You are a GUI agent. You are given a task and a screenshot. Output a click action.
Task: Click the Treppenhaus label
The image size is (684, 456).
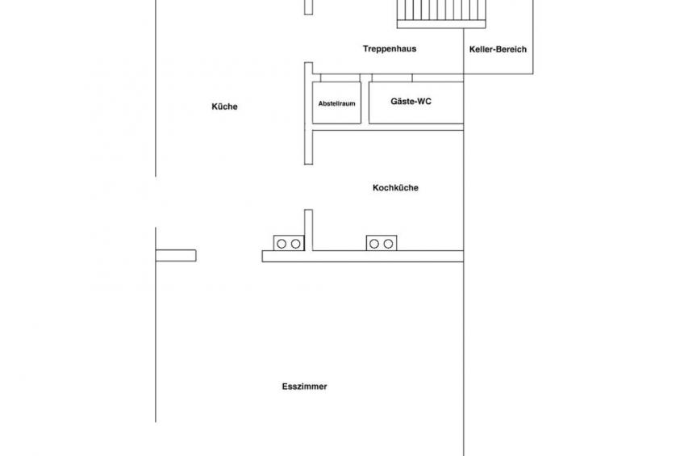click(390, 49)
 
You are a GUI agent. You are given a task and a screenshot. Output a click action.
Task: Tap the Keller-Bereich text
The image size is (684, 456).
click(498, 49)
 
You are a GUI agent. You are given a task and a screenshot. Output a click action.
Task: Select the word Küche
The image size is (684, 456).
click(225, 107)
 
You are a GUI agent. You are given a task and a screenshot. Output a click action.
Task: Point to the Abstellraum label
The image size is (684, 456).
click(337, 104)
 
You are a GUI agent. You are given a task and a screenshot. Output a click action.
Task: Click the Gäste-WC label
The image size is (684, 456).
click(411, 101)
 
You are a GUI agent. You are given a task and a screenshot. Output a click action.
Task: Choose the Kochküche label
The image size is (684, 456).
click(396, 187)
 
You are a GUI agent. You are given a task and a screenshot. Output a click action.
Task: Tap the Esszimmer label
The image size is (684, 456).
click(304, 386)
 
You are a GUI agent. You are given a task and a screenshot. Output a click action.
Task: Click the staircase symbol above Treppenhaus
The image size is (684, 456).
click(441, 13)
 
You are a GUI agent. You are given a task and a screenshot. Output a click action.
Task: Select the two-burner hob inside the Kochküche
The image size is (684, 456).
click(382, 243)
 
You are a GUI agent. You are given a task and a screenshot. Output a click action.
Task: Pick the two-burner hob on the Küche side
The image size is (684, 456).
click(289, 243)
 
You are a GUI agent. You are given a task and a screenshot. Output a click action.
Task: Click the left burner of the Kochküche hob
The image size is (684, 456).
click(373, 244)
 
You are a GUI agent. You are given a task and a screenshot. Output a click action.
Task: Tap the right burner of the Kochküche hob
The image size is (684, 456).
click(388, 244)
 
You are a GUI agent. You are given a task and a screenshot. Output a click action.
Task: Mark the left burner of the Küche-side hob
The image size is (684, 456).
click(282, 244)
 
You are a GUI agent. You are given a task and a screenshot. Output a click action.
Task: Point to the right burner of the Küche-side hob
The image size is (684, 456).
click(296, 244)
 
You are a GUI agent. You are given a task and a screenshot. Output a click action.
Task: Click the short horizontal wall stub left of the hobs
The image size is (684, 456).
click(176, 255)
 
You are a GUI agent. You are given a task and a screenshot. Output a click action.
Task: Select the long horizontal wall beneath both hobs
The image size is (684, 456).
click(362, 256)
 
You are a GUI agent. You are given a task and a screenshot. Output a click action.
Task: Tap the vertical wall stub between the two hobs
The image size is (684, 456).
click(308, 230)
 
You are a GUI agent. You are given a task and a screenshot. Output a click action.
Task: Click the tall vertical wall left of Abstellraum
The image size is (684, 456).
click(308, 114)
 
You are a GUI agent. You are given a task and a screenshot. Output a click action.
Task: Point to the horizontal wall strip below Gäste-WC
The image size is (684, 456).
click(388, 128)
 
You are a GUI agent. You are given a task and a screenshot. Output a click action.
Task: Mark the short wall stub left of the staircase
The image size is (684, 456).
click(308, 7)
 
